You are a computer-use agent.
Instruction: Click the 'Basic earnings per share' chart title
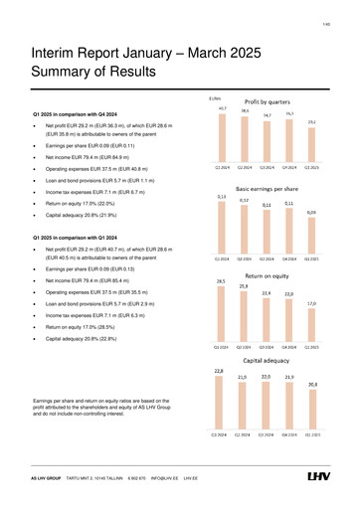pos(268,187)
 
